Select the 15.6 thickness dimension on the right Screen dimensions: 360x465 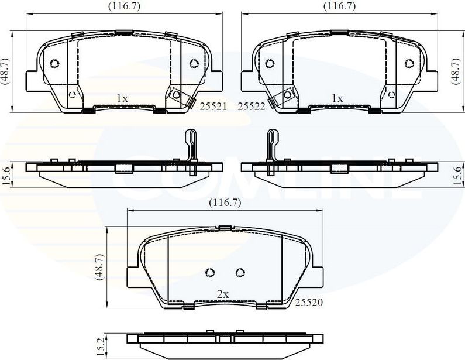pos(457,174)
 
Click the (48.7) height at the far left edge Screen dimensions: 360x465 pos(5,71)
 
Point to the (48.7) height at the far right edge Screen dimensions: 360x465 pos(459,71)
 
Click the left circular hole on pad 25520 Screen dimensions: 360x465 pos(211,272)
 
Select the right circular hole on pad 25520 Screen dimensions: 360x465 pos(239,272)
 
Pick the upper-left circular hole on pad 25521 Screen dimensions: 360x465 pos(56,64)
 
